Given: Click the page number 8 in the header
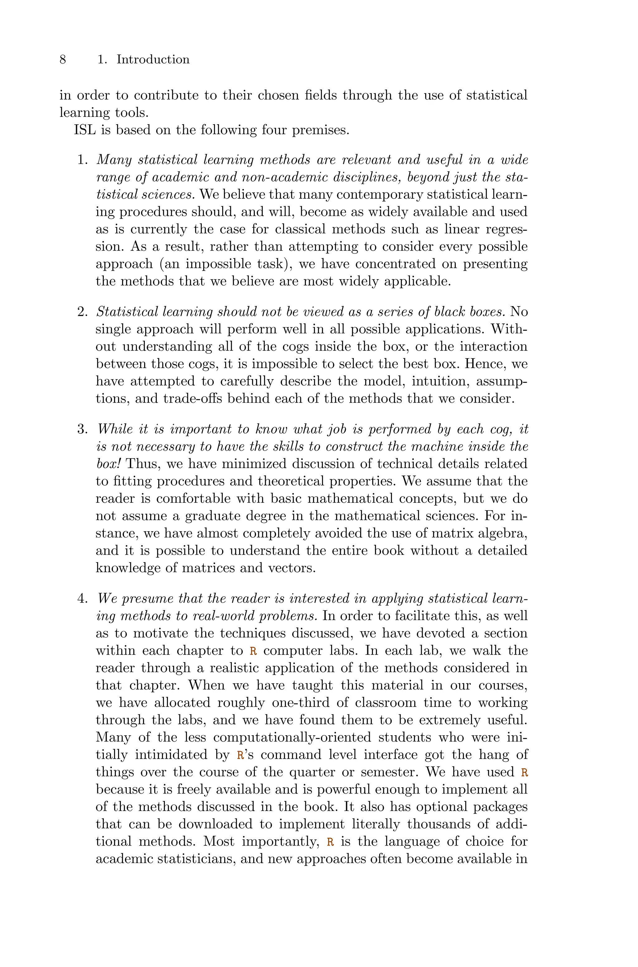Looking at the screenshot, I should point(63,59).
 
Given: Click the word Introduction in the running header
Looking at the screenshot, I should point(153,59).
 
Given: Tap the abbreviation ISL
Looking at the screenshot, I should point(85,130).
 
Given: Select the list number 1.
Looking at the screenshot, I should point(82,160).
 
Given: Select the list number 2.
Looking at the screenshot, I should point(82,312).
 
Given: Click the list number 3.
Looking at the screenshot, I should point(82,429).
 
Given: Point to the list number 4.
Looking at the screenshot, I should point(82,599).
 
